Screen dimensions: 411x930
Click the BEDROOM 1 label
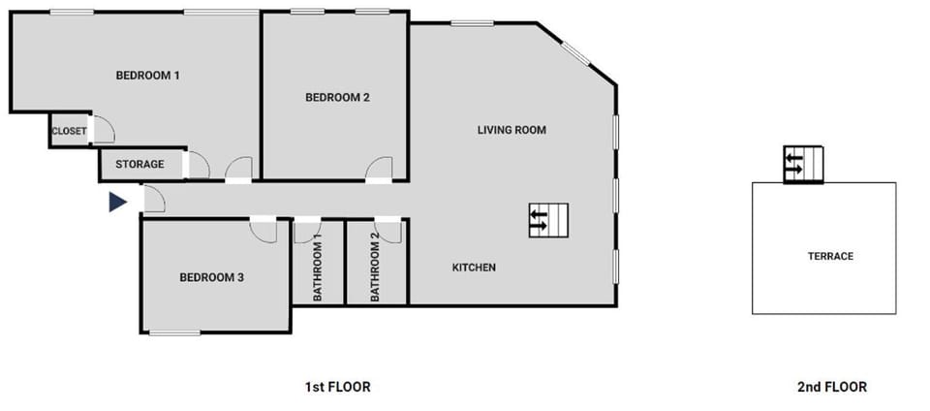click(x=148, y=75)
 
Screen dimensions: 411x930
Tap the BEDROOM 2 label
click(x=337, y=97)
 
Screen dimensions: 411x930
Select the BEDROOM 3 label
click(x=211, y=277)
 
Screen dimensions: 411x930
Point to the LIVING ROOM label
click(x=511, y=129)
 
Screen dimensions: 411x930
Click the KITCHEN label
click(x=475, y=268)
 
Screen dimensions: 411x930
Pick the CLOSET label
click(x=69, y=131)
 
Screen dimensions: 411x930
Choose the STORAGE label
click(x=139, y=165)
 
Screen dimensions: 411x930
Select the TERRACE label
click(x=830, y=257)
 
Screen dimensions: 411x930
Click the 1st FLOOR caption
click(x=337, y=387)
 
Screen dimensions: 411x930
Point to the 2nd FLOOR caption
click(x=831, y=387)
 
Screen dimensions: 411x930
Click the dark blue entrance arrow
click(x=117, y=202)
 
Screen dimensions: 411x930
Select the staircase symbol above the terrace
click(x=803, y=164)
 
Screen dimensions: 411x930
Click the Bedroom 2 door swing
click(x=380, y=169)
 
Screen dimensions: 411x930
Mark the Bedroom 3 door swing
click(x=263, y=231)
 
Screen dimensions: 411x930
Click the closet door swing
click(x=104, y=131)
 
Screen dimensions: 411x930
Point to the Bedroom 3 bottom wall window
click(x=175, y=333)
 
